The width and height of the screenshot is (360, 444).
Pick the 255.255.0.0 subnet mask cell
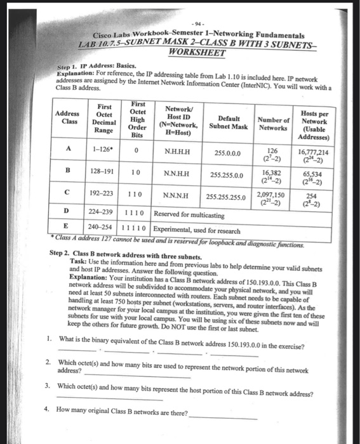coord(229,174)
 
